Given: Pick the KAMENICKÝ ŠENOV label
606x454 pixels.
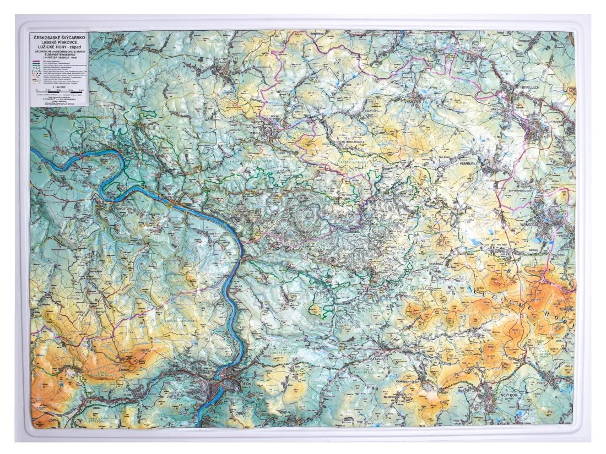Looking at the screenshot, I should coord(408,381).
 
